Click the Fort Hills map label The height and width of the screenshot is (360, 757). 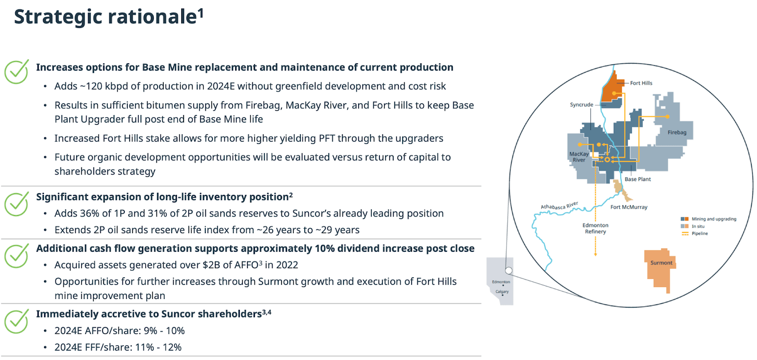(x=641, y=83)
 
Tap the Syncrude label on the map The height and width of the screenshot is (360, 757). (x=581, y=105)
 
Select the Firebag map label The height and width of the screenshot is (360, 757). (x=677, y=132)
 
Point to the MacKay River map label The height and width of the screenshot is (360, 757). (x=579, y=157)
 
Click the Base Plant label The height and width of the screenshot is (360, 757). (x=637, y=179)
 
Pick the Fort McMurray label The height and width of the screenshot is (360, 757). (x=629, y=207)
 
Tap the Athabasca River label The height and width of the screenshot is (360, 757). (x=559, y=205)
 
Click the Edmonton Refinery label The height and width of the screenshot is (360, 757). (x=595, y=228)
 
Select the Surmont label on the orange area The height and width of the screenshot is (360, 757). (x=661, y=263)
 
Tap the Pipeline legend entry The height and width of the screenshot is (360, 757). (x=695, y=234)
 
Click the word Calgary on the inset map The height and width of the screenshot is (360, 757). (x=502, y=291)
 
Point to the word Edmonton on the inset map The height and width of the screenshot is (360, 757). (x=501, y=281)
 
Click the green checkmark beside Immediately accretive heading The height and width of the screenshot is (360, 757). (x=16, y=321)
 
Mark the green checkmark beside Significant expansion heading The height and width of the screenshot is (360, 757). (x=16, y=204)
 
